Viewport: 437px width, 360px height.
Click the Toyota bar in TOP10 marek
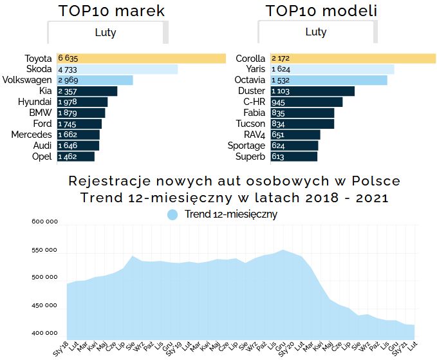pos(142,59)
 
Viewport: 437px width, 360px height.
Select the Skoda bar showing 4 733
pos(117,70)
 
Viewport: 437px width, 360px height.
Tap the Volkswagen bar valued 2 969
pos(95,81)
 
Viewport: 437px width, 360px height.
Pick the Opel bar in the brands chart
pos(76,156)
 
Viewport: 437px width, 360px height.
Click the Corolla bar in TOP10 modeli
pos(353,59)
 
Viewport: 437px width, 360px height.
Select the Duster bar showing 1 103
pos(312,91)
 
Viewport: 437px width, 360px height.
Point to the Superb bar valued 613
pos(293,156)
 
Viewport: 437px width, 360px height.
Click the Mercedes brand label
pos(32,135)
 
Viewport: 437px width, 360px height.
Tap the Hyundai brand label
pos(35,102)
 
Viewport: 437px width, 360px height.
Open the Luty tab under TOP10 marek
pos(106,32)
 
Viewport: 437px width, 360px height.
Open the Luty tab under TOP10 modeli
pos(316,32)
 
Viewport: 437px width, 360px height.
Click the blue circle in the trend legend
pos(172,214)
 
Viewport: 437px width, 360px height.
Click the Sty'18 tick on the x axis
pos(60,346)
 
